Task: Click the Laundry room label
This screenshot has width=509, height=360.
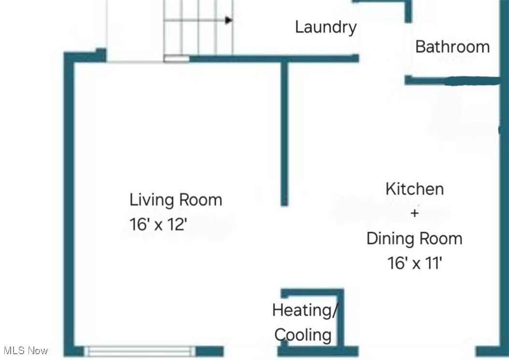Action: tap(326, 27)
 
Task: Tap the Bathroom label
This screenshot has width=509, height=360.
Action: tap(452, 47)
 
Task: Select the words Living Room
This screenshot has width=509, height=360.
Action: tap(175, 200)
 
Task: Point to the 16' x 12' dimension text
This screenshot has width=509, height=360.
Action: tap(157, 224)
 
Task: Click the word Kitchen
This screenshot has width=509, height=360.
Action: tap(414, 188)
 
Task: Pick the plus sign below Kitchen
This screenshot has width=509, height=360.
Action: tap(414, 213)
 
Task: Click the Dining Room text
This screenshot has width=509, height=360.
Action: tap(414, 238)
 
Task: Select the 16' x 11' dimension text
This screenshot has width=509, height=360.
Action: tap(414, 263)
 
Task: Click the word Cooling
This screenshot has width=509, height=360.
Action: tap(303, 334)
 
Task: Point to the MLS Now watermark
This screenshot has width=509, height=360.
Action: tap(25, 350)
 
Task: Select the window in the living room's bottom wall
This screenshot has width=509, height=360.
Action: tap(140, 351)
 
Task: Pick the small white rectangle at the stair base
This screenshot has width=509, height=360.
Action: tap(176, 59)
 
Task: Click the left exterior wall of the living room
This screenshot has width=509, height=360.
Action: tap(69, 203)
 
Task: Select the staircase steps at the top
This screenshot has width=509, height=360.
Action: tap(198, 27)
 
